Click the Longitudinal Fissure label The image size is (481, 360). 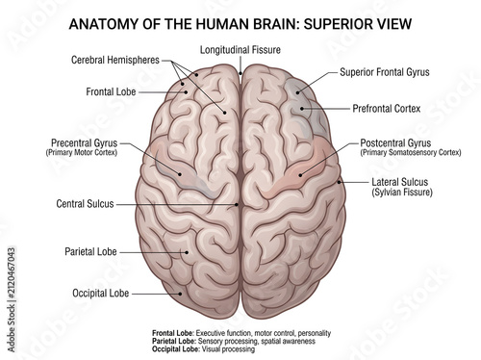240,50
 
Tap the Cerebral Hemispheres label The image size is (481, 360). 115,60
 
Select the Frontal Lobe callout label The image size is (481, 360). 111,91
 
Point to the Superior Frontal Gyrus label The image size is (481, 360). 385,72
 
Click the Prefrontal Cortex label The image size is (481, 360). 387,109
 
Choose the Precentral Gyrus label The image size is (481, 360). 85,142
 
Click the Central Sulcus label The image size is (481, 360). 85,204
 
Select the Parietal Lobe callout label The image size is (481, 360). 90,251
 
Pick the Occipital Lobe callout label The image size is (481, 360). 101,293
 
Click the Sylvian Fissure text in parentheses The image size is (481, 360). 402,193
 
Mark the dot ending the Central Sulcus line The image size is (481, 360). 237,204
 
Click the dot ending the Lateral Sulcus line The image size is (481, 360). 340,182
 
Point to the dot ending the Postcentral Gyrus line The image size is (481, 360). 300,175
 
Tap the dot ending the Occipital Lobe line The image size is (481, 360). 181,294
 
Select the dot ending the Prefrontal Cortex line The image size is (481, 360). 302,109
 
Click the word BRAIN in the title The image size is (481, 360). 264,24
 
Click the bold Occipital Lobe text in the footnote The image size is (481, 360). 175,349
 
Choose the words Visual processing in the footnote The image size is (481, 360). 228,349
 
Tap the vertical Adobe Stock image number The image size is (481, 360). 12,299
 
